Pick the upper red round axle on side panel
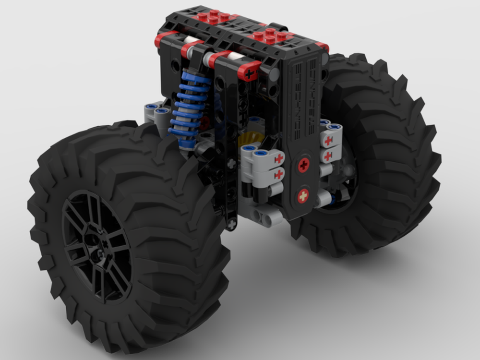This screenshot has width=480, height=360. tap(303, 166)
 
